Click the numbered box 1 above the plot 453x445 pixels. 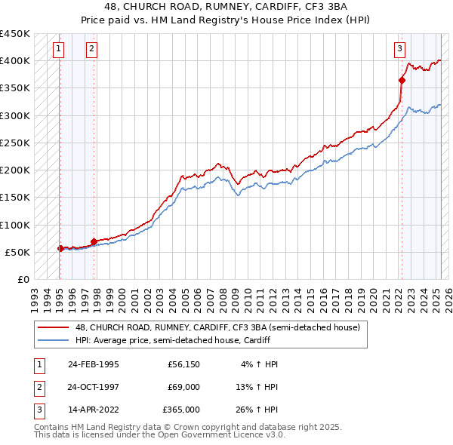(59, 51)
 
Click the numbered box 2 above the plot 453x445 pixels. (91, 51)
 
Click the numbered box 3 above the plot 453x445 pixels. (399, 51)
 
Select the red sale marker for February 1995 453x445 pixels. (60, 248)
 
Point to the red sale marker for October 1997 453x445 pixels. (94, 241)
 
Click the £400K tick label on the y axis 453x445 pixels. (15, 61)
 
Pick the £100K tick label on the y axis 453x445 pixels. (15, 225)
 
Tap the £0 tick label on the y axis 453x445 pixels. (23, 279)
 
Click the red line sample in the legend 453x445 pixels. (54, 327)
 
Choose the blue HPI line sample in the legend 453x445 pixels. (54, 340)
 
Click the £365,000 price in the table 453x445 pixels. (181, 410)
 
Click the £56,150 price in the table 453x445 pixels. (183, 364)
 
